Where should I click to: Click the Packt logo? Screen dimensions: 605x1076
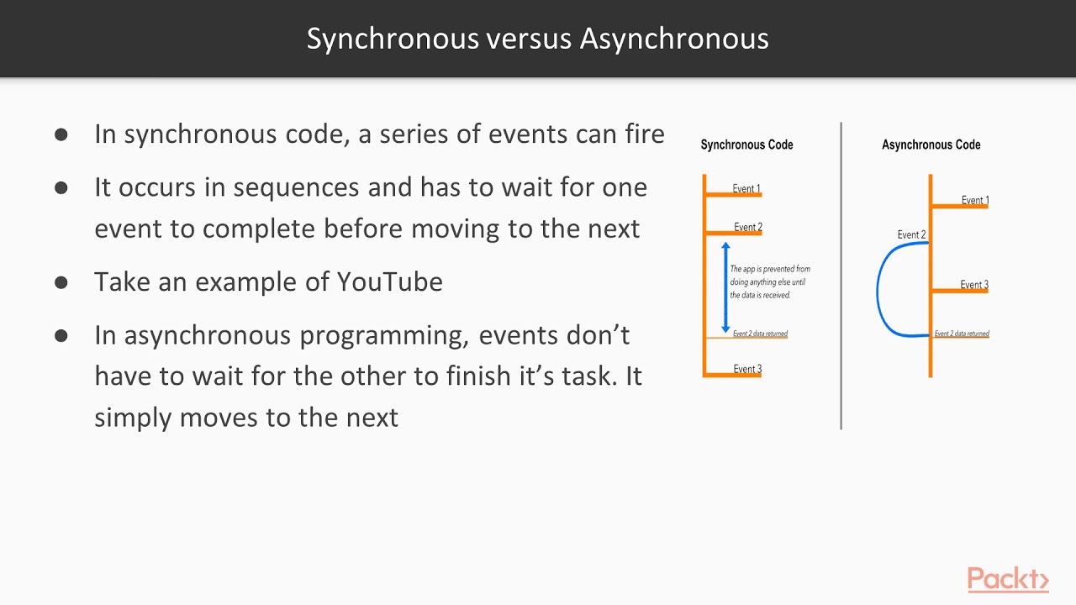pyautogui.click(x=1008, y=580)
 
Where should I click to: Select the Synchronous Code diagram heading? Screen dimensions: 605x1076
pyautogui.click(x=746, y=145)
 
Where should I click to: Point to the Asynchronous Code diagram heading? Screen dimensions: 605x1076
pyautogui.click(x=931, y=145)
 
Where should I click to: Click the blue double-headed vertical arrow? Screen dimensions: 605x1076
pyautogui.click(x=725, y=287)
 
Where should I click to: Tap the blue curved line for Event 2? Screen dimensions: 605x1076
pyautogui.click(x=879, y=290)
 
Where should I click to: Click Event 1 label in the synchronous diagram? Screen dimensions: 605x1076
pyautogui.click(x=746, y=188)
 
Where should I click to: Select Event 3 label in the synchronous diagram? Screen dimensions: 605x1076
pyautogui.click(x=747, y=369)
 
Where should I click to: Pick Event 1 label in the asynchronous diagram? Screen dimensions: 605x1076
pyautogui.click(x=975, y=200)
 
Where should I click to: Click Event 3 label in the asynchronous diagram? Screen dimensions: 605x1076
pyautogui.click(x=974, y=285)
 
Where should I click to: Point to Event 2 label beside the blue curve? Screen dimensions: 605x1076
pyautogui.click(x=911, y=234)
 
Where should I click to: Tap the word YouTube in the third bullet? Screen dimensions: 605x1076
pyautogui.click(x=389, y=281)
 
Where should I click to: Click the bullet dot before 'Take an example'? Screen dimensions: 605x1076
pyautogui.click(x=61, y=282)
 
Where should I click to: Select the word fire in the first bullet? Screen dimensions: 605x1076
pyautogui.click(x=644, y=134)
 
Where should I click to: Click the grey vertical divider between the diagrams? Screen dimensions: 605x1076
pyautogui.click(x=841, y=277)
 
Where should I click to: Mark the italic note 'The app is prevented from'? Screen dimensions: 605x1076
pyautogui.click(x=770, y=269)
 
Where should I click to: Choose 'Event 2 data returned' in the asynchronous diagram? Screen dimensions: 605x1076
pyautogui.click(x=962, y=334)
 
